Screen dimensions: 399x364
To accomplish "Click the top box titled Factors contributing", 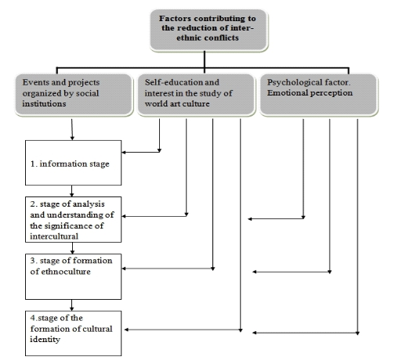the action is [x=209, y=30].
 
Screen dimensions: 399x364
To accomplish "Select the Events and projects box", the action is [x=74, y=95].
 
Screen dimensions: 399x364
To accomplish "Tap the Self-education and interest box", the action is [x=196, y=95].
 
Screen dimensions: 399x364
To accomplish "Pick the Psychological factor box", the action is [x=319, y=95].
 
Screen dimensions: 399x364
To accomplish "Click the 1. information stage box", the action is [x=74, y=163].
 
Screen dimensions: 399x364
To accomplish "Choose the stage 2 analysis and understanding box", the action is [x=74, y=219].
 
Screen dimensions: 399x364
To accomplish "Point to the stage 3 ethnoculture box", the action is [x=74, y=276].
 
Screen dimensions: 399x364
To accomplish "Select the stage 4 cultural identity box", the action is [x=74, y=333].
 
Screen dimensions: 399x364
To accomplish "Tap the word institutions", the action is [x=44, y=104].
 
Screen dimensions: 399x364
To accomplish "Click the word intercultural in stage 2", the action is [x=54, y=236].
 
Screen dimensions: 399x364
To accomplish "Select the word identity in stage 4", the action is [x=45, y=340].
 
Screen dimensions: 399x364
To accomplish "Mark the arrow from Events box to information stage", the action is [x=72, y=129].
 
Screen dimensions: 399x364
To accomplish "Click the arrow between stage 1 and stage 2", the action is [x=72, y=191].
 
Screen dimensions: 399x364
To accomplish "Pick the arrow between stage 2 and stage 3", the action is [x=72, y=248].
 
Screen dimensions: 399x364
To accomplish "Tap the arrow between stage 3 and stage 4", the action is [x=72, y=305].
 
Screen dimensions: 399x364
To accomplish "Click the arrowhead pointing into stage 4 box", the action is [x=126, y=330].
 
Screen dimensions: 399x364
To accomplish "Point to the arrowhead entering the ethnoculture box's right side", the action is [x=124, y=268].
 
